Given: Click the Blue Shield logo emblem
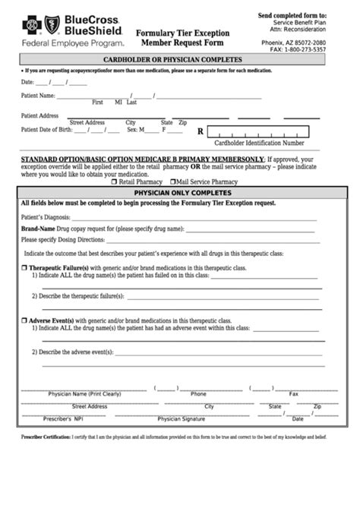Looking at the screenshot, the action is point(53,26).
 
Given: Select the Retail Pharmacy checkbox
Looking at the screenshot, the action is point(114,182).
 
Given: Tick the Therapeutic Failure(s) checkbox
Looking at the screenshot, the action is point(24,268).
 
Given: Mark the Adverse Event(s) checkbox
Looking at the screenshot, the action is point(24,321).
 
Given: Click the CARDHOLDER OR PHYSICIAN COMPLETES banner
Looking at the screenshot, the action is point(179,59).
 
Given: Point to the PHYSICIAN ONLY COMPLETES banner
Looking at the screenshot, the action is point(179,193).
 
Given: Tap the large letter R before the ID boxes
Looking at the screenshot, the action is point(201,131).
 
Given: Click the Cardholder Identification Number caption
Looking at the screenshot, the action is point(260,143).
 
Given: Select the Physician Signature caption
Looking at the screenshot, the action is point(181,418).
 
